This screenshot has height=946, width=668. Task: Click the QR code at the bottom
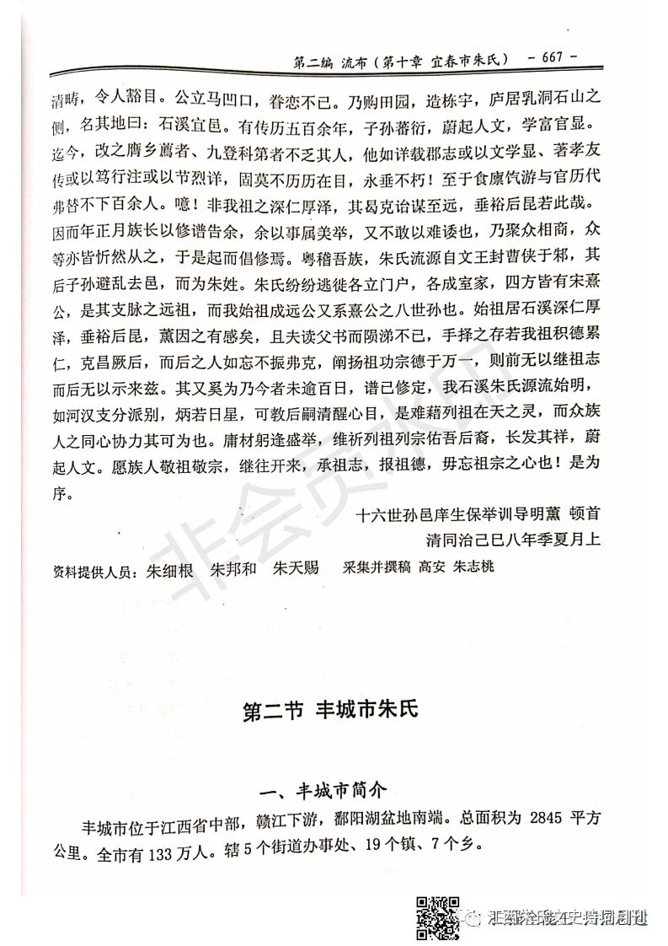pos(438,918)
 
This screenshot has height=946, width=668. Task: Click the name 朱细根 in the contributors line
pos(170,568)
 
